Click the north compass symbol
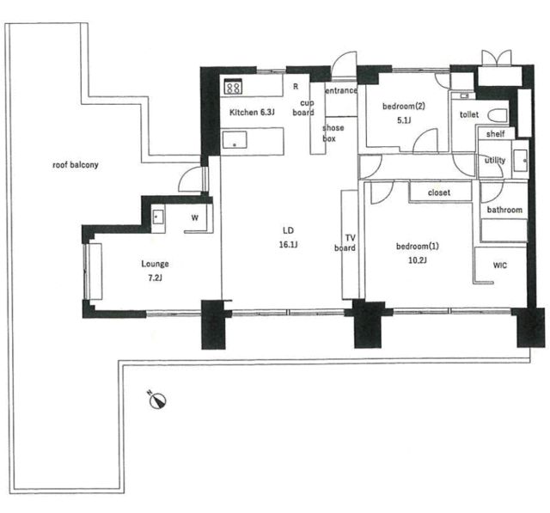157,400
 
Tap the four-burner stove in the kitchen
233,86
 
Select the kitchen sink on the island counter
235,139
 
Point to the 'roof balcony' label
76,165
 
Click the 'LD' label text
288,230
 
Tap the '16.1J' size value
289,245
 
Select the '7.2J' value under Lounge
155,278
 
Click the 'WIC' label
500,265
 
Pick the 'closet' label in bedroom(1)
439,192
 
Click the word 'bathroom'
504,210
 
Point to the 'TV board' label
345,243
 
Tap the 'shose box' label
333,133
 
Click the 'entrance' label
341,90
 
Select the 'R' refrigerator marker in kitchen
296,86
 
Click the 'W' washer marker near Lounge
195,217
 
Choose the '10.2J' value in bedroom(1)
418,260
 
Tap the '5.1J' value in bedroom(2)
404,120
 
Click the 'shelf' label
495,133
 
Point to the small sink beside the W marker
158,217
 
